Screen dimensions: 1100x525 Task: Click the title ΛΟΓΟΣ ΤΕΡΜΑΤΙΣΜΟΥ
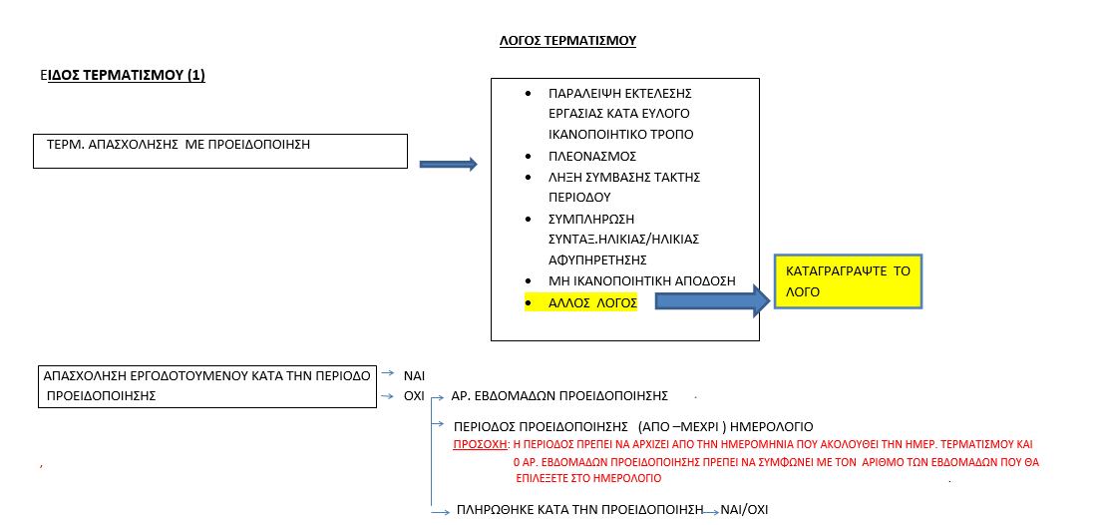tap(567, 41)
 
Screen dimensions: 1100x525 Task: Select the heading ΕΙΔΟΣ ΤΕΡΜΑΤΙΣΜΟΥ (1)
tap(123, 76)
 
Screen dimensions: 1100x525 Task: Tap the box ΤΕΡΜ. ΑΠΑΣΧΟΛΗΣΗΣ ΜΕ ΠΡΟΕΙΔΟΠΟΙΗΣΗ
tap(220, 151)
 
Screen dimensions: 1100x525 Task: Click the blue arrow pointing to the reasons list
tap(449, 165)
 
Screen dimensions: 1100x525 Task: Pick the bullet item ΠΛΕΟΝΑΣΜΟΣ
tap(592, 156)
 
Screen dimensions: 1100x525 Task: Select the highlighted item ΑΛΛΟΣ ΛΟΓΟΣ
tap(592, 303)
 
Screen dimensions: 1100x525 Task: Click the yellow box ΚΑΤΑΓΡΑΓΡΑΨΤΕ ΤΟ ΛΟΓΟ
tap(848, 281)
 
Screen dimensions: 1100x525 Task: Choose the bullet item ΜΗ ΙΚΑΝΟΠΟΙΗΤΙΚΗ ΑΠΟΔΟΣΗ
tap(642, 281)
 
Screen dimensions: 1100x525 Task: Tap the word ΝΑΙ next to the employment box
tap(415, 375)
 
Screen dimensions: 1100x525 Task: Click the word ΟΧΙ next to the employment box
tap(414, 396)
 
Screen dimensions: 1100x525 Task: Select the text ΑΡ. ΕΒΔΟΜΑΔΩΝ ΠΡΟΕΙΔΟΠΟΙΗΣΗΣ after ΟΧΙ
tap(559, 396)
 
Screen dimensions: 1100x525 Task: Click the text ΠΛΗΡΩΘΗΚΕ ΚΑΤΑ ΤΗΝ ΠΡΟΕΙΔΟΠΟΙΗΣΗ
tap(579, 510)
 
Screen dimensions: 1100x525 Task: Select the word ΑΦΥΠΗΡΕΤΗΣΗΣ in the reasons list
tap(597, 260)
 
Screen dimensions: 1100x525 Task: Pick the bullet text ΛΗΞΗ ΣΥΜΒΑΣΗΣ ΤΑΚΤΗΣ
tap(624, 177)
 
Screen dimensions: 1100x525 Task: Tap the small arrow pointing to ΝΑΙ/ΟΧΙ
tap(711, 512)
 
